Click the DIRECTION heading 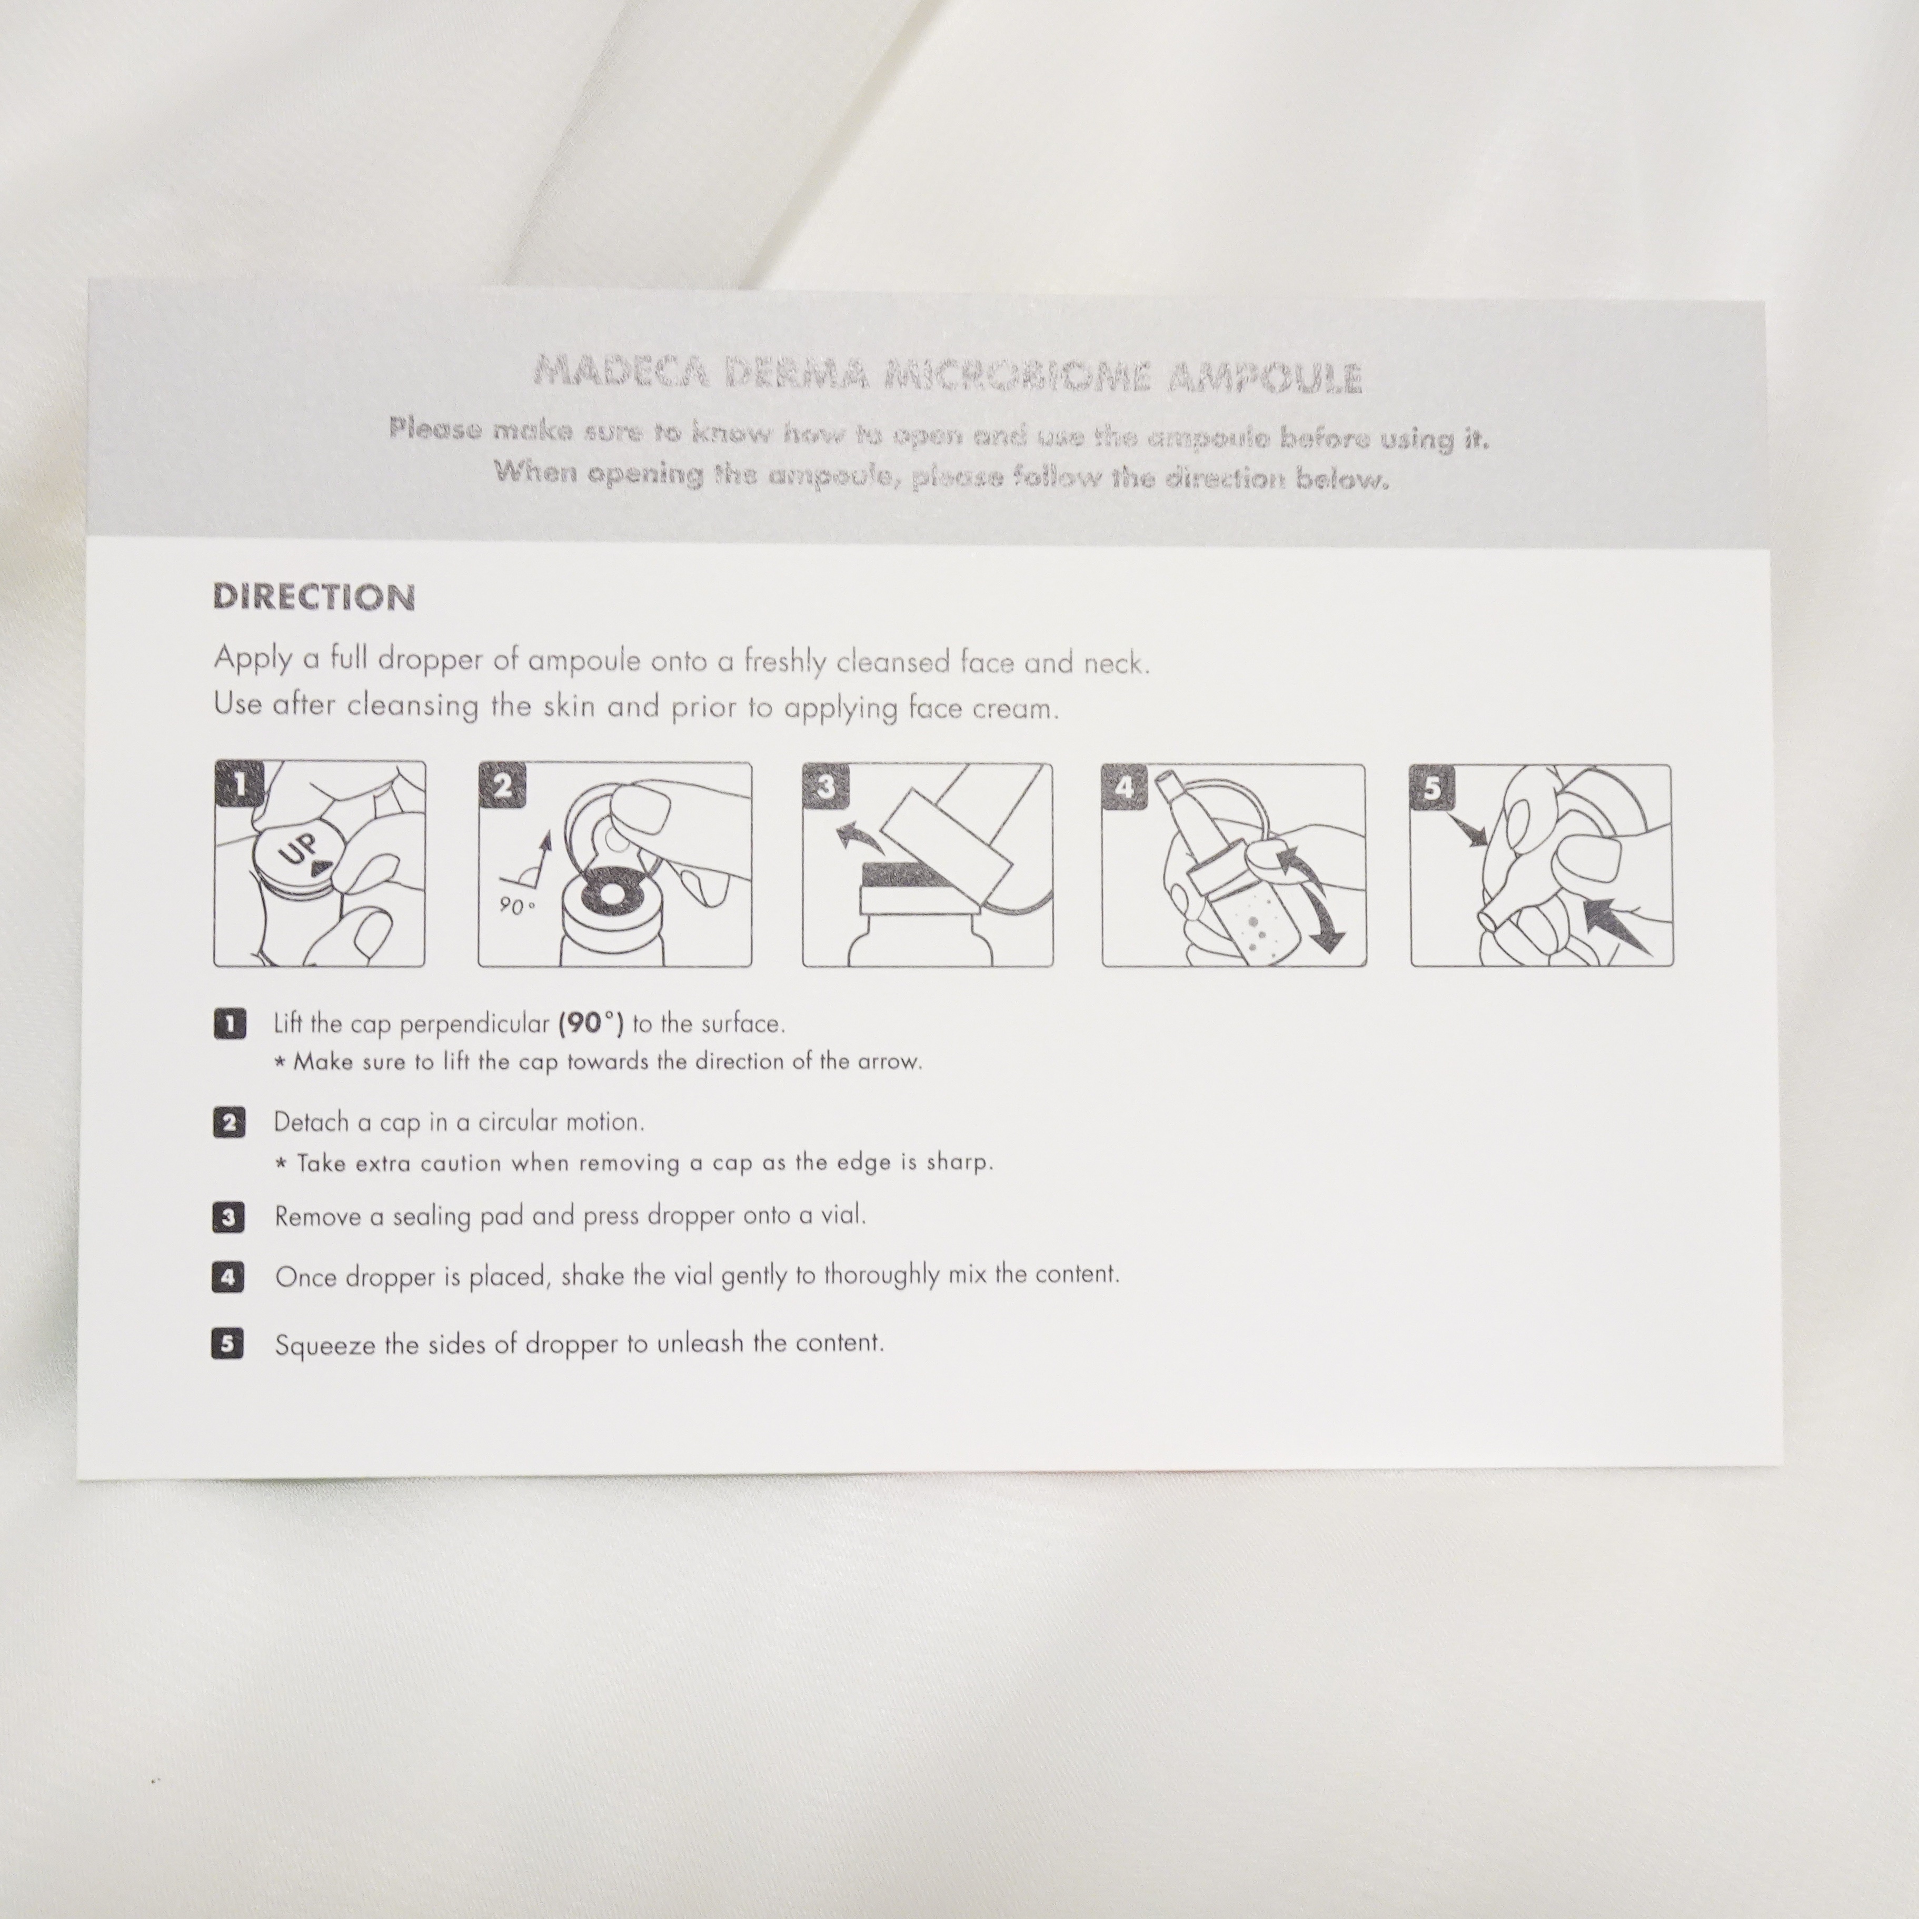[314, 597]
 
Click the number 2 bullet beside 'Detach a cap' [228, 1123]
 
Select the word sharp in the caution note [959, 1162]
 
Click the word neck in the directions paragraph [1117, 662]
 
